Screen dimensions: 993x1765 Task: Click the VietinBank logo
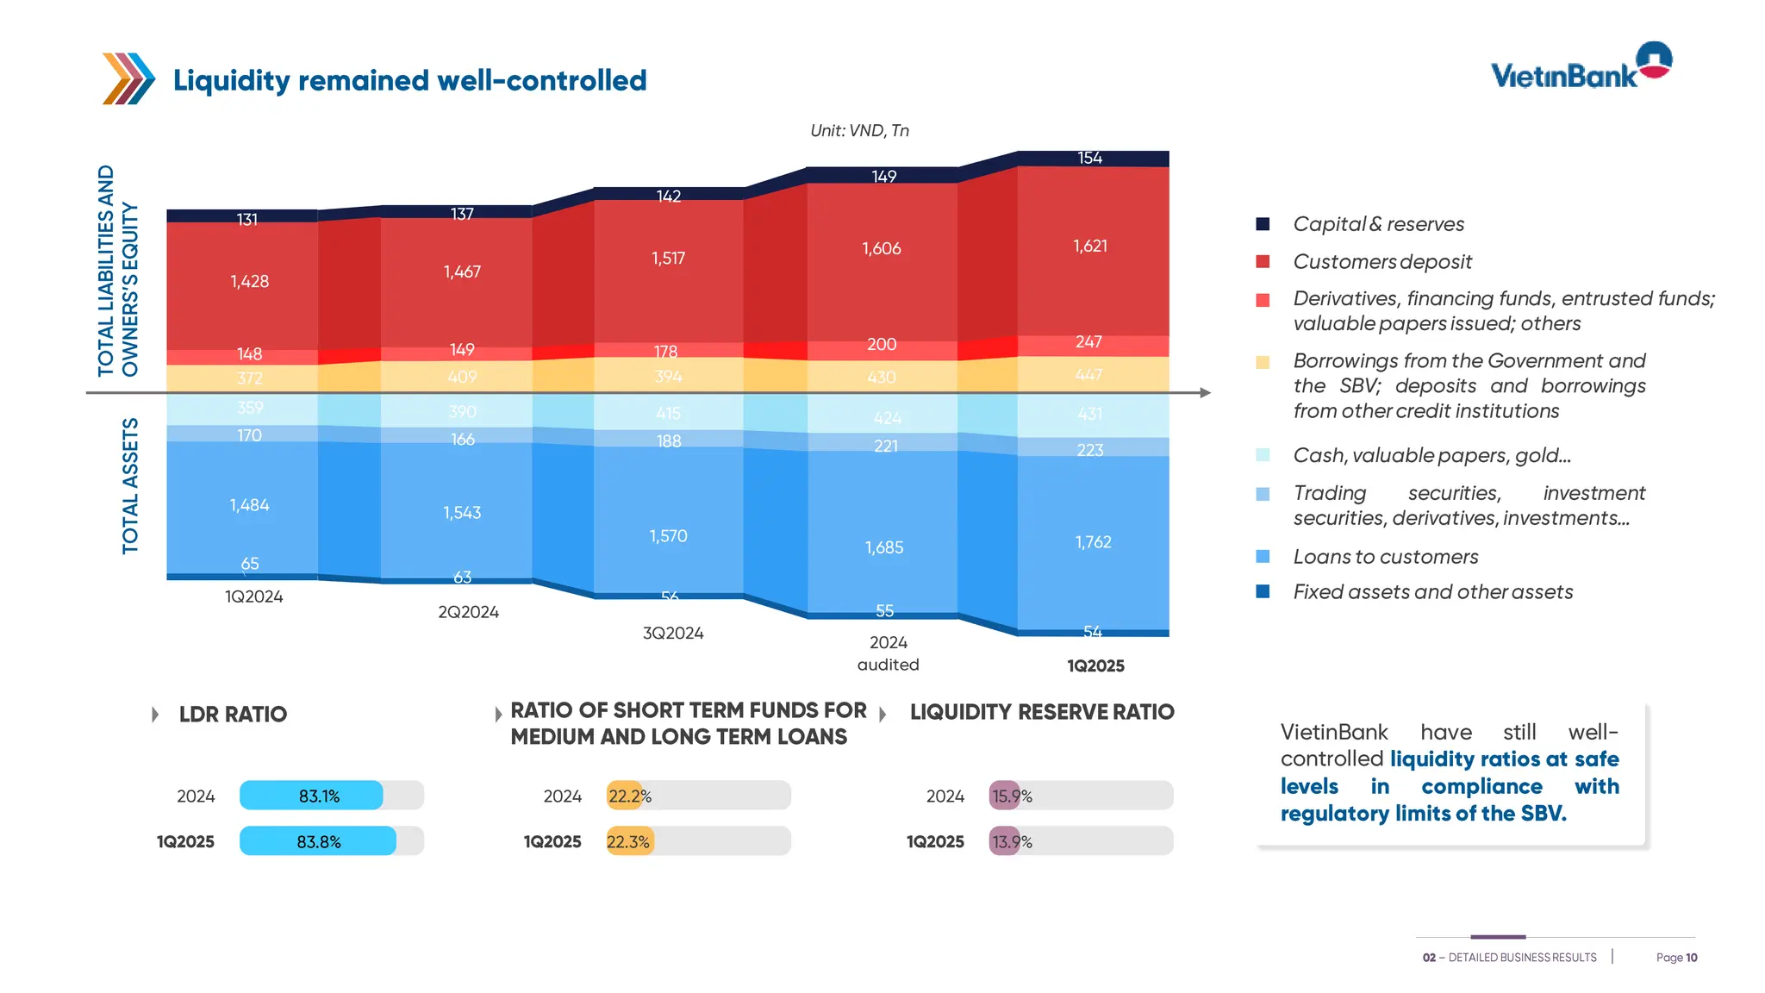(1581, 67)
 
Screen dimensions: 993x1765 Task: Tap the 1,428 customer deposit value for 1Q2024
(250, 282)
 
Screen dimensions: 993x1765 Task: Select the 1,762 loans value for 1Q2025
(1093, 542)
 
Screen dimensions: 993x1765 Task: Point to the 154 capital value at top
(1089, 158)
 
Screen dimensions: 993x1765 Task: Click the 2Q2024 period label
(468, 612)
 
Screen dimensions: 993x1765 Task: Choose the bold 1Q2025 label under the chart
(1095, 665)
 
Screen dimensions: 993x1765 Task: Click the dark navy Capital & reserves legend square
(1263, 224)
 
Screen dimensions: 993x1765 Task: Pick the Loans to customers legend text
(1385, 557)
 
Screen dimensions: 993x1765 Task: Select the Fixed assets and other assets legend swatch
(1263, 591)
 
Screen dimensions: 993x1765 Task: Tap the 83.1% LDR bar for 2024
(311, 796)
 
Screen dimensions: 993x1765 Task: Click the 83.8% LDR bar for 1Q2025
(318, 841)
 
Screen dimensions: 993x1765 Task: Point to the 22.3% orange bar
(630, 841)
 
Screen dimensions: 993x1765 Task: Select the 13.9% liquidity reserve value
(1012, 841)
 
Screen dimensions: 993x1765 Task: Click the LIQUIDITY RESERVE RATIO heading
(1041, 712)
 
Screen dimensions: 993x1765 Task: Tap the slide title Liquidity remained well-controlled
(409, 80)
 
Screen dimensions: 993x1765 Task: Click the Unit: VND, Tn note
(859, 130)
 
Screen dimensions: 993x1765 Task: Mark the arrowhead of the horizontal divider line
(1205, 393)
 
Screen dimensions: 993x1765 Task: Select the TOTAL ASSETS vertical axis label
(130, 485)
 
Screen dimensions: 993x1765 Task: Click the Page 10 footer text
(1676, 958)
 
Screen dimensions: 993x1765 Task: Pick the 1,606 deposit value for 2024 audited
(882, 248)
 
